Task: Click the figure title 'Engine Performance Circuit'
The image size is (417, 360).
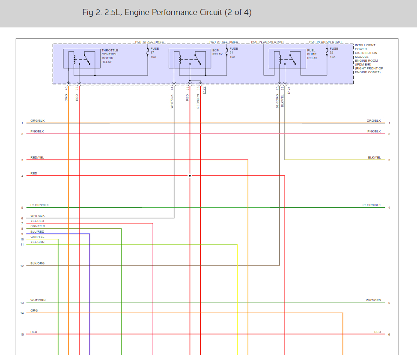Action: pos(167,12)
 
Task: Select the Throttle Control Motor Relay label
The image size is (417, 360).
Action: pos(110,56)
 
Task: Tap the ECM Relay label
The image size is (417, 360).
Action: pos(217,52)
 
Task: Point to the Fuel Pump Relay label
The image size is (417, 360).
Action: pos(312,54)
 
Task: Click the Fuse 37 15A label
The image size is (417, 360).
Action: pos(154,53)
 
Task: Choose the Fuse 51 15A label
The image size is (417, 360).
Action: pos(233,53)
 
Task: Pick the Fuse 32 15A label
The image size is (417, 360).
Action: pos(334,53)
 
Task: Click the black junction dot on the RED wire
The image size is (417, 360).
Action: pos(190,176)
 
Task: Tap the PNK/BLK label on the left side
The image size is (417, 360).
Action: pos(37,131)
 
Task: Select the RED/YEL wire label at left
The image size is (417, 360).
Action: pos(37,158)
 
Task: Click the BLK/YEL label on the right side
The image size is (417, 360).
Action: pos(374,158)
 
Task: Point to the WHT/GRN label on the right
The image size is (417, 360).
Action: pos(373,300)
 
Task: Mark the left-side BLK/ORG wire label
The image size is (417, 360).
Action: pos(38,263)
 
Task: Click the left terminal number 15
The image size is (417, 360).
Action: pos(22,334)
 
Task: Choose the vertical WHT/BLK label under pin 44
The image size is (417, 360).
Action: pos(172,101)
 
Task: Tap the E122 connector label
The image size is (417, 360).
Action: pos(204,90)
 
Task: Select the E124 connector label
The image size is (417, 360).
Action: pos(289,90)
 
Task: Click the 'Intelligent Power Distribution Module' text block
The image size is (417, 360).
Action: pos(368,58)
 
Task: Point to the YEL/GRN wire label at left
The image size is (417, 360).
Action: pos(37,242)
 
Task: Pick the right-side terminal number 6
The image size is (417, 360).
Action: pos(389,334)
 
